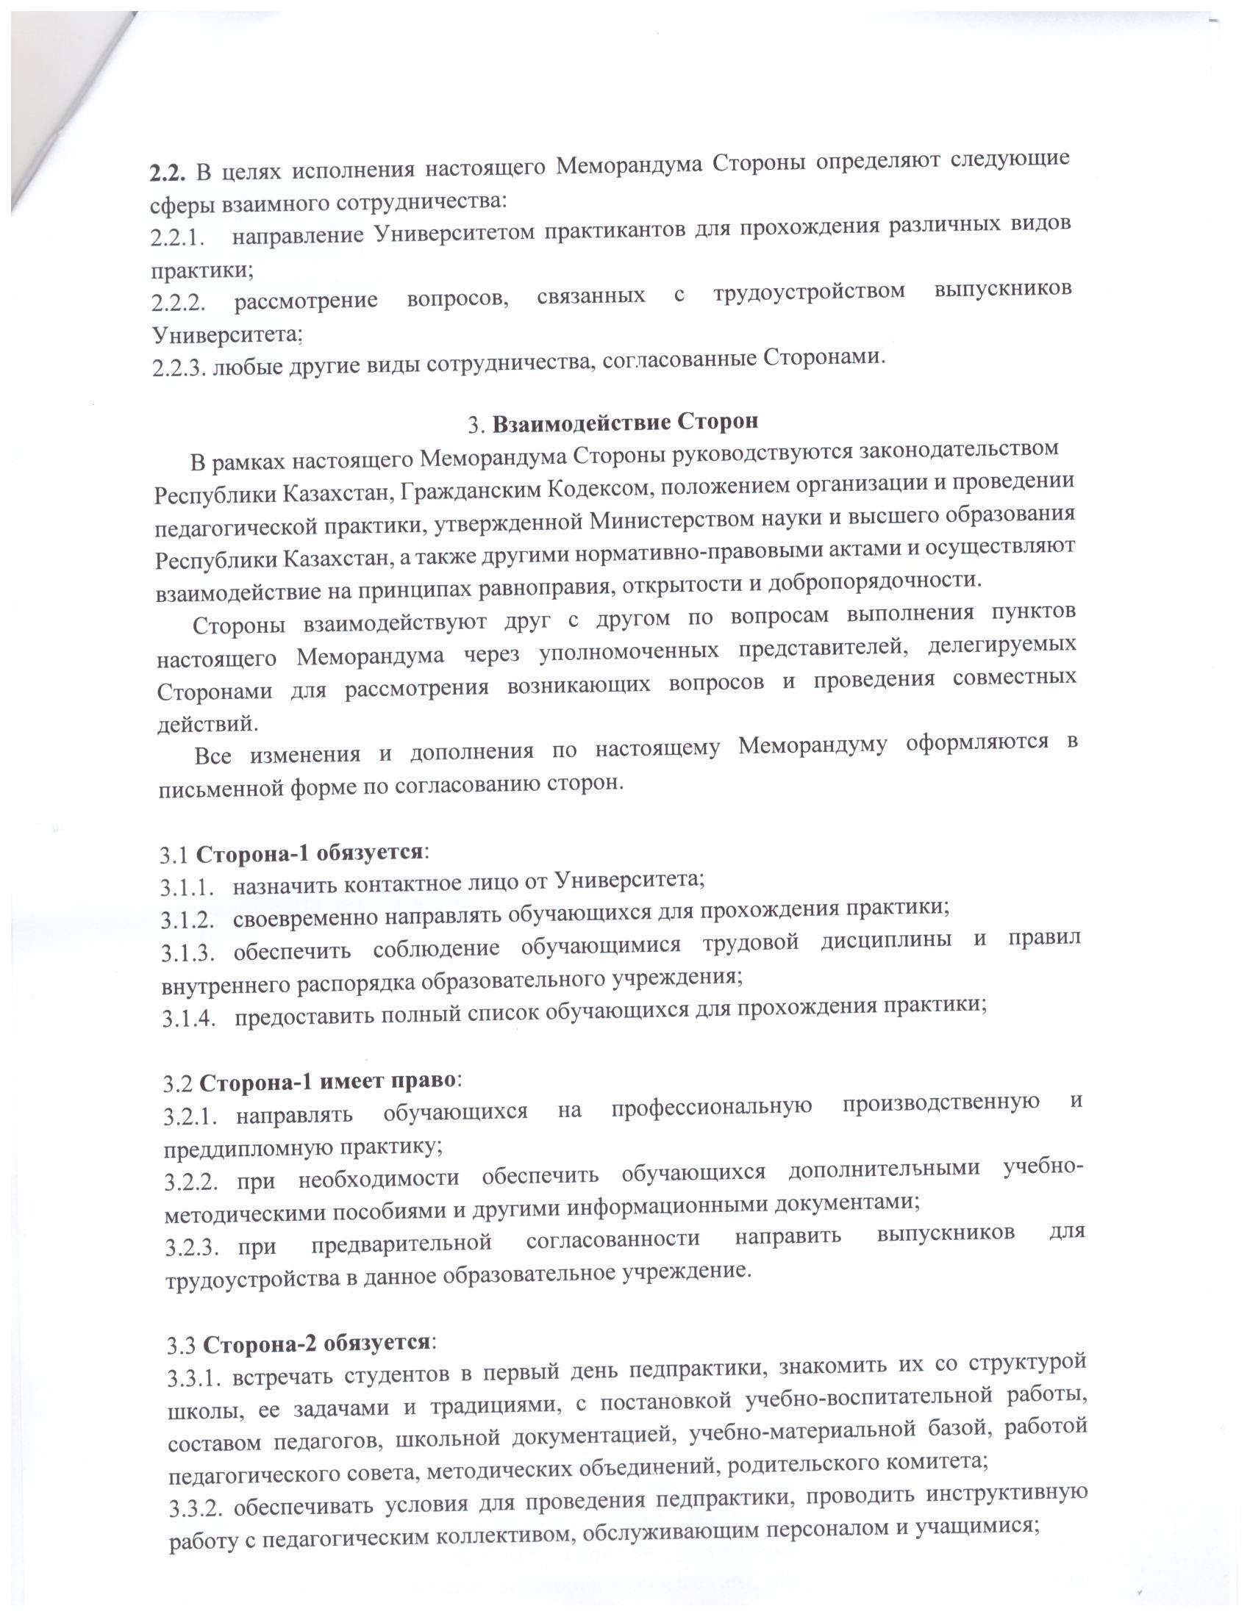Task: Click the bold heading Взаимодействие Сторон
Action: [626, 423]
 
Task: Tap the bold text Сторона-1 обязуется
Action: [309, 852]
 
